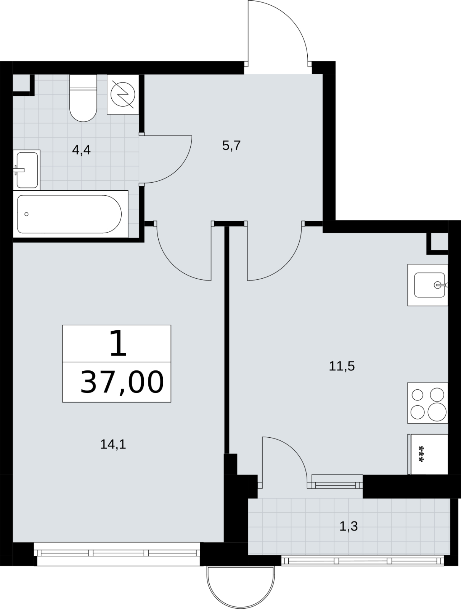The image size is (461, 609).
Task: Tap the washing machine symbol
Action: [x=123, y=94]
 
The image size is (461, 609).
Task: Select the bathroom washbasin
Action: [x=27, y=170]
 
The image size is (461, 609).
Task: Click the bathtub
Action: [x=71, y=214]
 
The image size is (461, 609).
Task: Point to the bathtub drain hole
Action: [x=26, y=214]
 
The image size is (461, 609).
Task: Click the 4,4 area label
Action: [x=82, y=150]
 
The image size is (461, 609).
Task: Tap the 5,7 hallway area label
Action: [x=231, y=146]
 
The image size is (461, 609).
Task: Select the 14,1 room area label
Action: [x=113, y=445]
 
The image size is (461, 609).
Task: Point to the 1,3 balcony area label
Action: [x=349, y=526]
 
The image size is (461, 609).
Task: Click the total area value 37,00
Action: [x=122, y=382]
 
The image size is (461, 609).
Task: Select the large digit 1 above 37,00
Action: [x=118, y=343]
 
